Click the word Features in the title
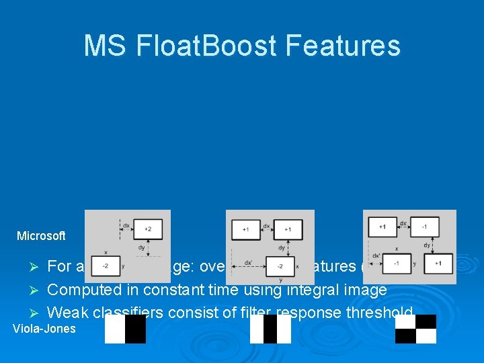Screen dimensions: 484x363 pyautogui.click(x=342, y=46)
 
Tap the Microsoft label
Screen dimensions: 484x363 pyautogui.click(x=41, y=236)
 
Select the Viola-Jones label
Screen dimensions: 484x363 pyautogui.click(x=44, y=329)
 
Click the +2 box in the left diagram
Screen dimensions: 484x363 pyautogui.click(x=147, y=229)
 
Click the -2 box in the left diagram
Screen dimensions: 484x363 pyautogui.click(x=106, y=266)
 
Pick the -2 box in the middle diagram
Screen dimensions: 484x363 pyautogui.click(x=280, y=266)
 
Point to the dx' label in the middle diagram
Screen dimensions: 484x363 pyautogui.click(x=249, y=262)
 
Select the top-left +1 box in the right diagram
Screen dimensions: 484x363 pyautogui.click(x=382, y=227)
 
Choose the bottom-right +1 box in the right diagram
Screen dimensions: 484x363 pyautogui.click(x=438, y=264)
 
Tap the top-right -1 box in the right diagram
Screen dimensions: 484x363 pyautogui.click(x=425, y=227)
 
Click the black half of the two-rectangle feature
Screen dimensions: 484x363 pyautogui.click(x=135, y=329)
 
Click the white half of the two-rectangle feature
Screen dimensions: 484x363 pyautogui.click(x=115, y=329)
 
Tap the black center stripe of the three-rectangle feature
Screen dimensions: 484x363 pyautogui.click(x=270, y=329)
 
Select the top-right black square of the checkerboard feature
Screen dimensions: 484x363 pyautogui.click(x=426, y=321)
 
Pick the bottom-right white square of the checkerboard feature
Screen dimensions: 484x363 pyautogui.click(x=426, y=336)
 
